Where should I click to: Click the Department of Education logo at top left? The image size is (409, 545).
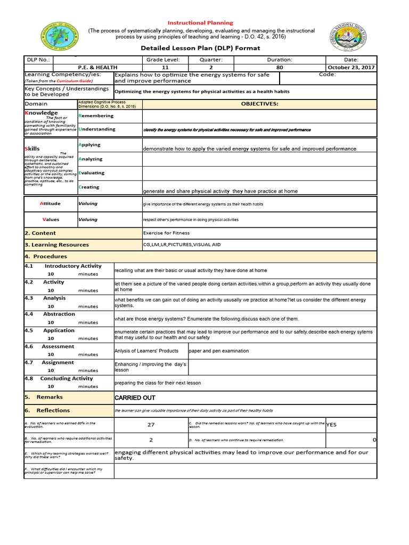[x=59, y=39]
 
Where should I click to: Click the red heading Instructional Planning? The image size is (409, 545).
[x=200, y=23]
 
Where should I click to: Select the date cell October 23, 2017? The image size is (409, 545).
[x=351, y=68]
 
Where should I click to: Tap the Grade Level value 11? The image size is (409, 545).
[x=165, y=68]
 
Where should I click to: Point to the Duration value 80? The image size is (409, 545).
[x=280, y=68]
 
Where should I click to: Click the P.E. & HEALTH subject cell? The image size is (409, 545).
[x=97, y=68]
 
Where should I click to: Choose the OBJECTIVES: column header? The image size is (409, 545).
[x=259, y=104]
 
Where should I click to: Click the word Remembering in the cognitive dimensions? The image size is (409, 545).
[x=96, y=115]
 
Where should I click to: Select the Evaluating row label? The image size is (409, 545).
[x=92, y=173]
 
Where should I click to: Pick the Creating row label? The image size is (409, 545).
[x=89, y=187]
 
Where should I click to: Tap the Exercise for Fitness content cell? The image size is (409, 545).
[x=166, y=233]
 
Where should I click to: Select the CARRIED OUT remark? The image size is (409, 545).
[x=135, y=398]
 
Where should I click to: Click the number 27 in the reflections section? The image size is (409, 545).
[x=151, y=425]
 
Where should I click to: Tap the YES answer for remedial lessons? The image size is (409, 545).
[x=331, y=425]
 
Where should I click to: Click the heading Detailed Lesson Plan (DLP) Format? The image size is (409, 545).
[x=200, y=48]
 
